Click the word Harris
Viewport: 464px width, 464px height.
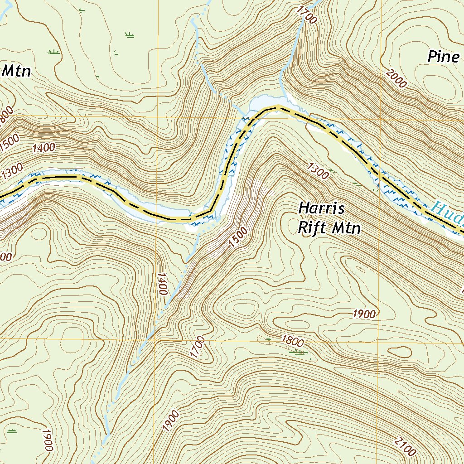tap(322, 209)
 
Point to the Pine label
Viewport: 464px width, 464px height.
tap(444, 57)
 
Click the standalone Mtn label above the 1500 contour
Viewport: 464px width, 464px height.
tap(16, 71)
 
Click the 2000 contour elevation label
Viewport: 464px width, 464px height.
tap(396, 78)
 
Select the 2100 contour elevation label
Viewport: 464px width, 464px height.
tap(405, 446)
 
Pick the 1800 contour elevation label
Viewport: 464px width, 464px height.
tap(292, 340)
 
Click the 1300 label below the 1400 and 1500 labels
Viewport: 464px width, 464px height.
tap(12, 172)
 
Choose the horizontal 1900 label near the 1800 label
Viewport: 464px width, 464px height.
tap(364, 314)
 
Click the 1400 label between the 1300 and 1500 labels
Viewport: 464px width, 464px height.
tap(44, 147)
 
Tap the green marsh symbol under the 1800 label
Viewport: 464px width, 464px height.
tap(297, 352)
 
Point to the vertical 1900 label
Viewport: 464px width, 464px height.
tap(47, 440)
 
